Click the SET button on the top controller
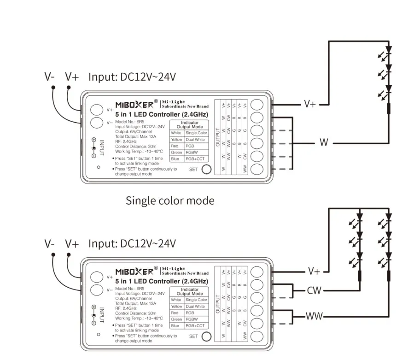coord(207,169)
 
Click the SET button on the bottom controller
coord(207,336)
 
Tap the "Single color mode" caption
coord(170,201)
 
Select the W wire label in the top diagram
coord(324,143)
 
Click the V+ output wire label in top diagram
coord(310,104)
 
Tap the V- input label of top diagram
coord(50,77)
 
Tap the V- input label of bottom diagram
coord(50,243)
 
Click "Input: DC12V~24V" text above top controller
coord(132,77)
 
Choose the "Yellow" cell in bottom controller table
coord(176,306)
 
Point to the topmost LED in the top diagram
coord(388,49)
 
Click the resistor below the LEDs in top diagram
coord(388,109)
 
